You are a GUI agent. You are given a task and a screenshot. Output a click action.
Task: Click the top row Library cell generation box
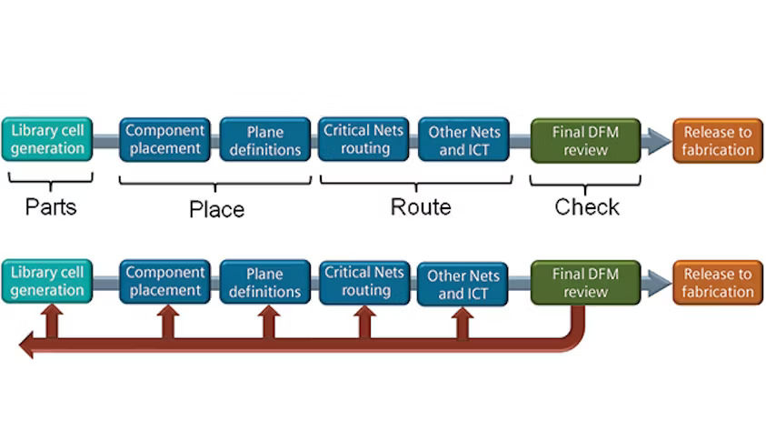(x=47, y=139)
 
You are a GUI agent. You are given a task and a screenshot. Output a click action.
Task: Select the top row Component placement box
(x=164, y=139)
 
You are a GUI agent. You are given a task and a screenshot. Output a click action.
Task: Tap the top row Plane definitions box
(x=264, y=139)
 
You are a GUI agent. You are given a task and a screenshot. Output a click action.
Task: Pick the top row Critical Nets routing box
(x=363, y=139)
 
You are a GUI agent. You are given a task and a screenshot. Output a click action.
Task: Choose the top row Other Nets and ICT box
(x=463, y=140)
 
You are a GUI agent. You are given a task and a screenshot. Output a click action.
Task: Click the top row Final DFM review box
(x=585, y=141)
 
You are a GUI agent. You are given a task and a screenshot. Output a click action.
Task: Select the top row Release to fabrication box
(x=718, y=141)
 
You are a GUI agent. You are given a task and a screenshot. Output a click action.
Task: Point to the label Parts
(x=51, y=207)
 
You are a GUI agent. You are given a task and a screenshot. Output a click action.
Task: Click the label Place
(x=216, y=209)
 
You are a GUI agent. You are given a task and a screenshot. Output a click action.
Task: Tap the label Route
(x=421, y=207)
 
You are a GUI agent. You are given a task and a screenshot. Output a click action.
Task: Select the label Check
(x=587, y=207)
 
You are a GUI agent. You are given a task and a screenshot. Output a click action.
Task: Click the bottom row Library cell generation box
(x=47, y=282)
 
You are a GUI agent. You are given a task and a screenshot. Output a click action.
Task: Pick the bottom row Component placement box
(x=164, y=282)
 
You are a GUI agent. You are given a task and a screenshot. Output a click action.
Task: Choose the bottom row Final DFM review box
(x=585, y=283)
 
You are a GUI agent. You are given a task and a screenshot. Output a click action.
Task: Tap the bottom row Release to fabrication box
(x=718, y=283)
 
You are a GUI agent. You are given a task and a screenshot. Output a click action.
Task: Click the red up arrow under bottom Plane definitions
(x=268, y=322)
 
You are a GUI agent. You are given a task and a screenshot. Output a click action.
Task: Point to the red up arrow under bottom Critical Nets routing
(x=364, y=322)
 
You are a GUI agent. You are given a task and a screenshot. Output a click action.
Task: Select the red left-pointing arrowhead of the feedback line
(x=27, y=345)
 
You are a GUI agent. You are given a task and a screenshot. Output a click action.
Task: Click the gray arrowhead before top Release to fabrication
(x=659, y=141)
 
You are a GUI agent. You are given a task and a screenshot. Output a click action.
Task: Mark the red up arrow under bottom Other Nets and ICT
(x=463, y=323)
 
